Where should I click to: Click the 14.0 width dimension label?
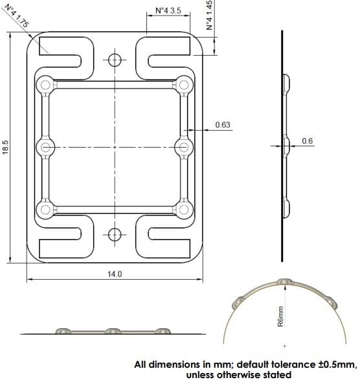[115, 275]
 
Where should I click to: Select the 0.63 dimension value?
[222, 125]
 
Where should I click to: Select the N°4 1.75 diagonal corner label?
[14, 14]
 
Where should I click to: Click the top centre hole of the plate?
[115, 60]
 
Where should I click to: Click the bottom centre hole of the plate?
[115, 234]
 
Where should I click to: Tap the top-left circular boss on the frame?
[45, 84]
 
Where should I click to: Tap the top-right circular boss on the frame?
[185, 84]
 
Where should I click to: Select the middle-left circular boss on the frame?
[45, 147]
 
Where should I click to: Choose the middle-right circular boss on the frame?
[185, 147]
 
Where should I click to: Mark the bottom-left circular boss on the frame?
[45, 209]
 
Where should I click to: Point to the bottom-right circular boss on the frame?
[185, 209]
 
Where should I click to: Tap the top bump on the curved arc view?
[285, 282]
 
